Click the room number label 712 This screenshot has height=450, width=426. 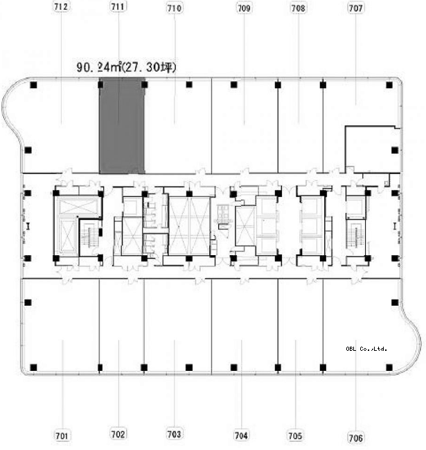(61, 7)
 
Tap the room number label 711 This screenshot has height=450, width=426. (118, 6)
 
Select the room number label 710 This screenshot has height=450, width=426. (175, 8)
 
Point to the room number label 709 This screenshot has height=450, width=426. (244, 8)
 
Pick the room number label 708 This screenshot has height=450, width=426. (298, 8)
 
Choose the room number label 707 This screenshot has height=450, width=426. (355, 8)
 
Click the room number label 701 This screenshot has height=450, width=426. (62, 435)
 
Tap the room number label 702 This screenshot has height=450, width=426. (118, 434)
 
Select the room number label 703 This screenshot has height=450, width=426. (174, 434)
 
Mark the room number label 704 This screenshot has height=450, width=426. (241, 435)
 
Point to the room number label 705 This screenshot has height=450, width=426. (295, 435)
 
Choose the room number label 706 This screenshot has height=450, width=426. (355, 438)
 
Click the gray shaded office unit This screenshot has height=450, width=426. (122, 126)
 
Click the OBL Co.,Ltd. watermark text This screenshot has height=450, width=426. (366, 349)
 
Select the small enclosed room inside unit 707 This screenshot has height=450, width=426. (373, 149)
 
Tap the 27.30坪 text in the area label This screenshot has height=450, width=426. (150, 67)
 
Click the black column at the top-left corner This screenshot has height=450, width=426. (33, 85)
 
